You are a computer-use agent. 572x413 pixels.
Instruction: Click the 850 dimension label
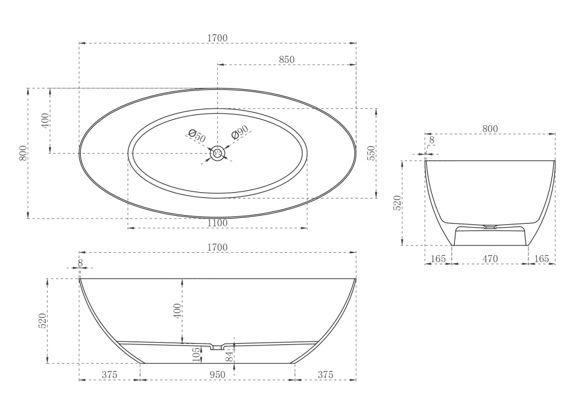287,59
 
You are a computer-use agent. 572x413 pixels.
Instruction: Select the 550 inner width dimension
371,154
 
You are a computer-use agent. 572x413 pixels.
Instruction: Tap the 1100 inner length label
217,223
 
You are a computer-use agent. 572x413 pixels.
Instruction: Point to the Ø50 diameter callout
197,136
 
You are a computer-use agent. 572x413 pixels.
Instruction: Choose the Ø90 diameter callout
240,132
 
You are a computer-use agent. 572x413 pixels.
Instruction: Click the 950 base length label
217,375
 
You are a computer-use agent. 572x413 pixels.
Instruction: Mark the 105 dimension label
196,354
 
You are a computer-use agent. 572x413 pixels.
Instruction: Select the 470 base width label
490,259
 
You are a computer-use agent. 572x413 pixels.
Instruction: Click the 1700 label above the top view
217,38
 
